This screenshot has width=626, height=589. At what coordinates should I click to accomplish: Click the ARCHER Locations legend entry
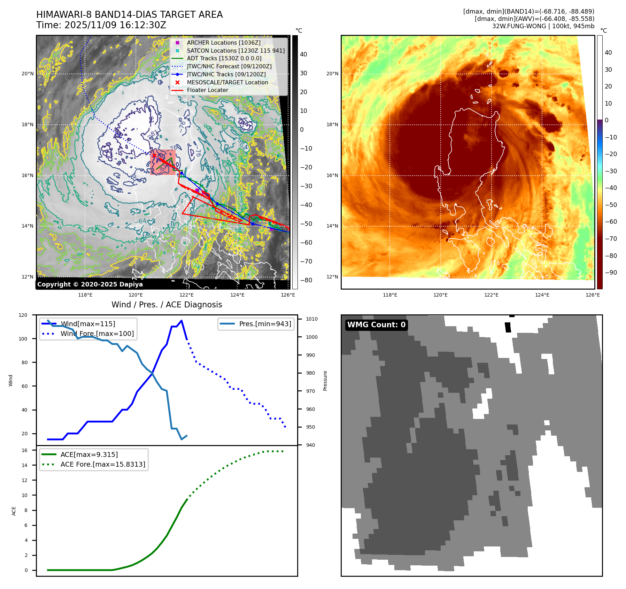coord(223,43)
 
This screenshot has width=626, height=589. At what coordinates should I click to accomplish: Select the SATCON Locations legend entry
coord(235,51)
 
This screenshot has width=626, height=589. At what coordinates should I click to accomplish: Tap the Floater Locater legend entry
coord(207,90)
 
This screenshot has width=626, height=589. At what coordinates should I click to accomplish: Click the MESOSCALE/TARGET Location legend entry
coord(227,82)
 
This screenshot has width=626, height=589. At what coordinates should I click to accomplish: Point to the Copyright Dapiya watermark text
coord(90,284)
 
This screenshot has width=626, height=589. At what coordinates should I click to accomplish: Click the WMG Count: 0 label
coord(376,325)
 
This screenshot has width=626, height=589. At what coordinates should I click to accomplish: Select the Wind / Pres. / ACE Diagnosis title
coord(167,305)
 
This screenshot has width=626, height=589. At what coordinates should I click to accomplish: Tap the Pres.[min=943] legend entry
coord(265,324)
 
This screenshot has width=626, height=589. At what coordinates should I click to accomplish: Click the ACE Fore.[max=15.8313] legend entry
coord(103,464)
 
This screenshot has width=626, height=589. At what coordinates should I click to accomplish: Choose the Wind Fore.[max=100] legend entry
coord(97,334)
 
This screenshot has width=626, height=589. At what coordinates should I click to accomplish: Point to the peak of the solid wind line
coord(181,321)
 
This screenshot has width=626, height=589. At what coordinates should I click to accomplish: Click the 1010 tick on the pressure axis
coord(312,319)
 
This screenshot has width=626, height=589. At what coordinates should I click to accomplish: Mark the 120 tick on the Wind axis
coord(23,315)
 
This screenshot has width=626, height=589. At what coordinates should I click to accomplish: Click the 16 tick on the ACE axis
coord(24,450)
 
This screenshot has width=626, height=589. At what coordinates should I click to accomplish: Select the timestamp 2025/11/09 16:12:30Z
coord(115,25)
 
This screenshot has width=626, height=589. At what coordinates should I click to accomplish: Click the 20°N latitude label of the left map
coord(28,74)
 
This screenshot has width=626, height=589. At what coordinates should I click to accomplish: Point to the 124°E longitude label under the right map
coord(542,295)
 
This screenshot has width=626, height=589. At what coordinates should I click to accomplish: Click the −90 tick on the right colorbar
coord(611,273)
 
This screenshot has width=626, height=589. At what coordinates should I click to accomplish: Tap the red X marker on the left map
coord(154,156)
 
